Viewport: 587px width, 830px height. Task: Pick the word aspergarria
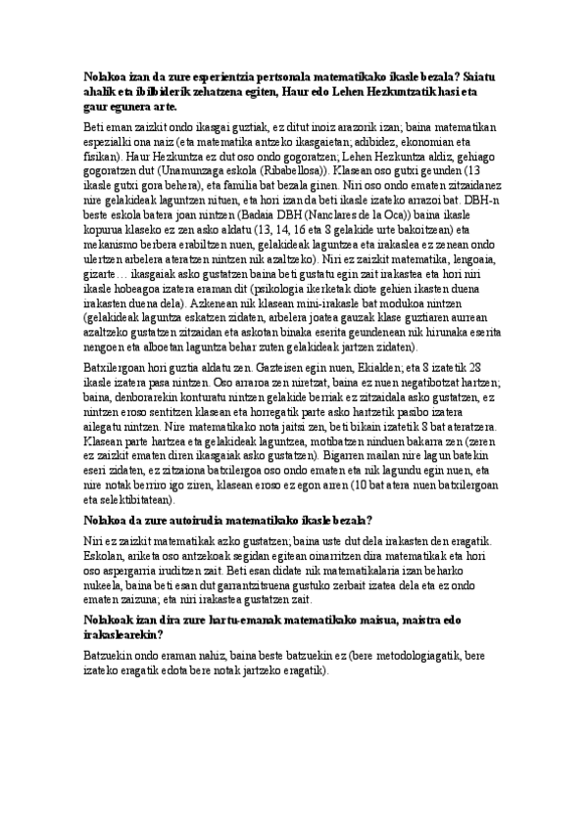pos(143,571)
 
